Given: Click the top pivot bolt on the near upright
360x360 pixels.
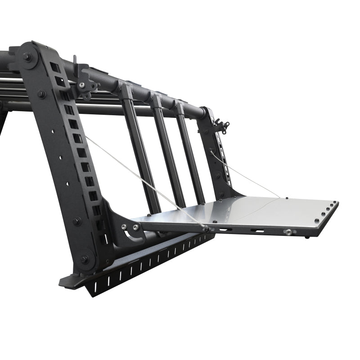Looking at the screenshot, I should (x=28, y=58).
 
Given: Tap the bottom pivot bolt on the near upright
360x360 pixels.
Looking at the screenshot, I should (x=84, y=260).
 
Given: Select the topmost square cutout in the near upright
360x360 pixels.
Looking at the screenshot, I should (x=54, y=67).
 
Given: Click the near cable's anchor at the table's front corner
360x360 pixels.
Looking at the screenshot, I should (x=206, y=229).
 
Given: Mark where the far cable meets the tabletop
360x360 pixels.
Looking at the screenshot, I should (x=279, y=197).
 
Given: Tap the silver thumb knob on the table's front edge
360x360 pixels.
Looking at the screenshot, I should (x=288, y=232).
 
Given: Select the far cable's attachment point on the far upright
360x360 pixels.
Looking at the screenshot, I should (x=211, y=153).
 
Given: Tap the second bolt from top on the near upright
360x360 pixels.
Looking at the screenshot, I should (x=41, y=94).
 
